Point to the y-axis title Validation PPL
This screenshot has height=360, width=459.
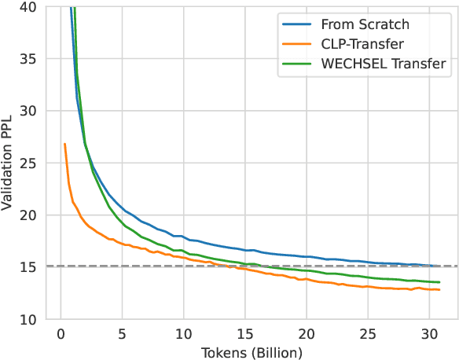pyautogui.click(x=10, y=162)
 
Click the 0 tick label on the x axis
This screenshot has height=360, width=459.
pyautogui.click(x=60, y=332)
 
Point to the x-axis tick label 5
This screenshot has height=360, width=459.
pyautogui.click(x=121, y=332)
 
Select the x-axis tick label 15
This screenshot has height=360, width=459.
pyautogui.click(x=245, y=332)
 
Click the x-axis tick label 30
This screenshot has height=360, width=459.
pyautogui.click(x=431, y=332)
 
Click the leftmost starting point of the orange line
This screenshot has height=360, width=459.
pyautogui.click(x=64, y=144)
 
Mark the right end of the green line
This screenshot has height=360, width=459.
pyautogui.click(x=439, y=282)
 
